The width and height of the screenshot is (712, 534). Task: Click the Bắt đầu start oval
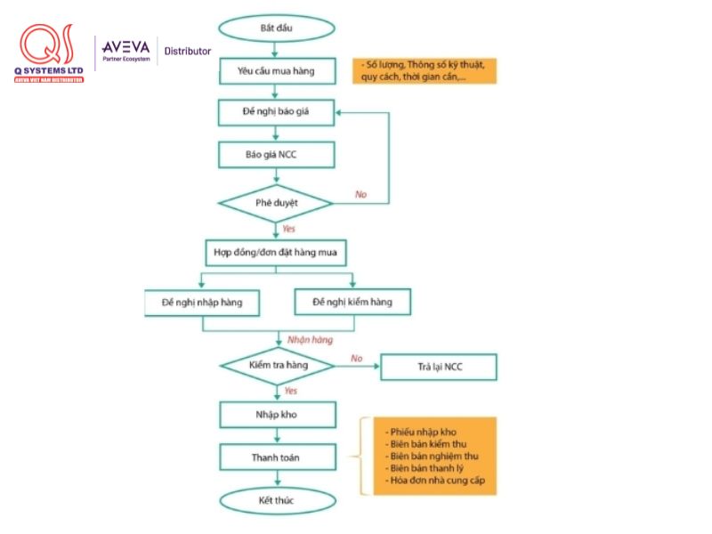[277, 28]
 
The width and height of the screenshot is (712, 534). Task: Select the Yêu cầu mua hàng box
[277, 70]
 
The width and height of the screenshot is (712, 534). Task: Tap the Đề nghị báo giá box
[277, 112]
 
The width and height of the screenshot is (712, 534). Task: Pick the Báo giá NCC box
[277, 155]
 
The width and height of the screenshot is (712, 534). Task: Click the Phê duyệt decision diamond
[277, 203]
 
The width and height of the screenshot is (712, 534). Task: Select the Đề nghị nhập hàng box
[204, 303]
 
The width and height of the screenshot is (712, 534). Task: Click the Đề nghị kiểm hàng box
[352, 303]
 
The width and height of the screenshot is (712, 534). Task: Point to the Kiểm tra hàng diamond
[277, 366]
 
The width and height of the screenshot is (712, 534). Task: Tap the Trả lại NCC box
[439, 367]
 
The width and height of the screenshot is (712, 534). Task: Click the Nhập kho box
[277, 415]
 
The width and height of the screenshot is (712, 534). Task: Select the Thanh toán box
[277, 457]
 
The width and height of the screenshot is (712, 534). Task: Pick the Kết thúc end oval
[277, 500]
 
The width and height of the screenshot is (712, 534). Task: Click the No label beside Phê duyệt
[360, 194]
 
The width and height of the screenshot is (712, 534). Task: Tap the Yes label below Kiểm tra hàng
[290, 391]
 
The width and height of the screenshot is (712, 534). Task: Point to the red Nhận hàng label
[310, 340]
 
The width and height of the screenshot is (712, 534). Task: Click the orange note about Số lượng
[425, 71]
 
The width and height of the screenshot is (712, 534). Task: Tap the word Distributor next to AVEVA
[188, 51]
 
